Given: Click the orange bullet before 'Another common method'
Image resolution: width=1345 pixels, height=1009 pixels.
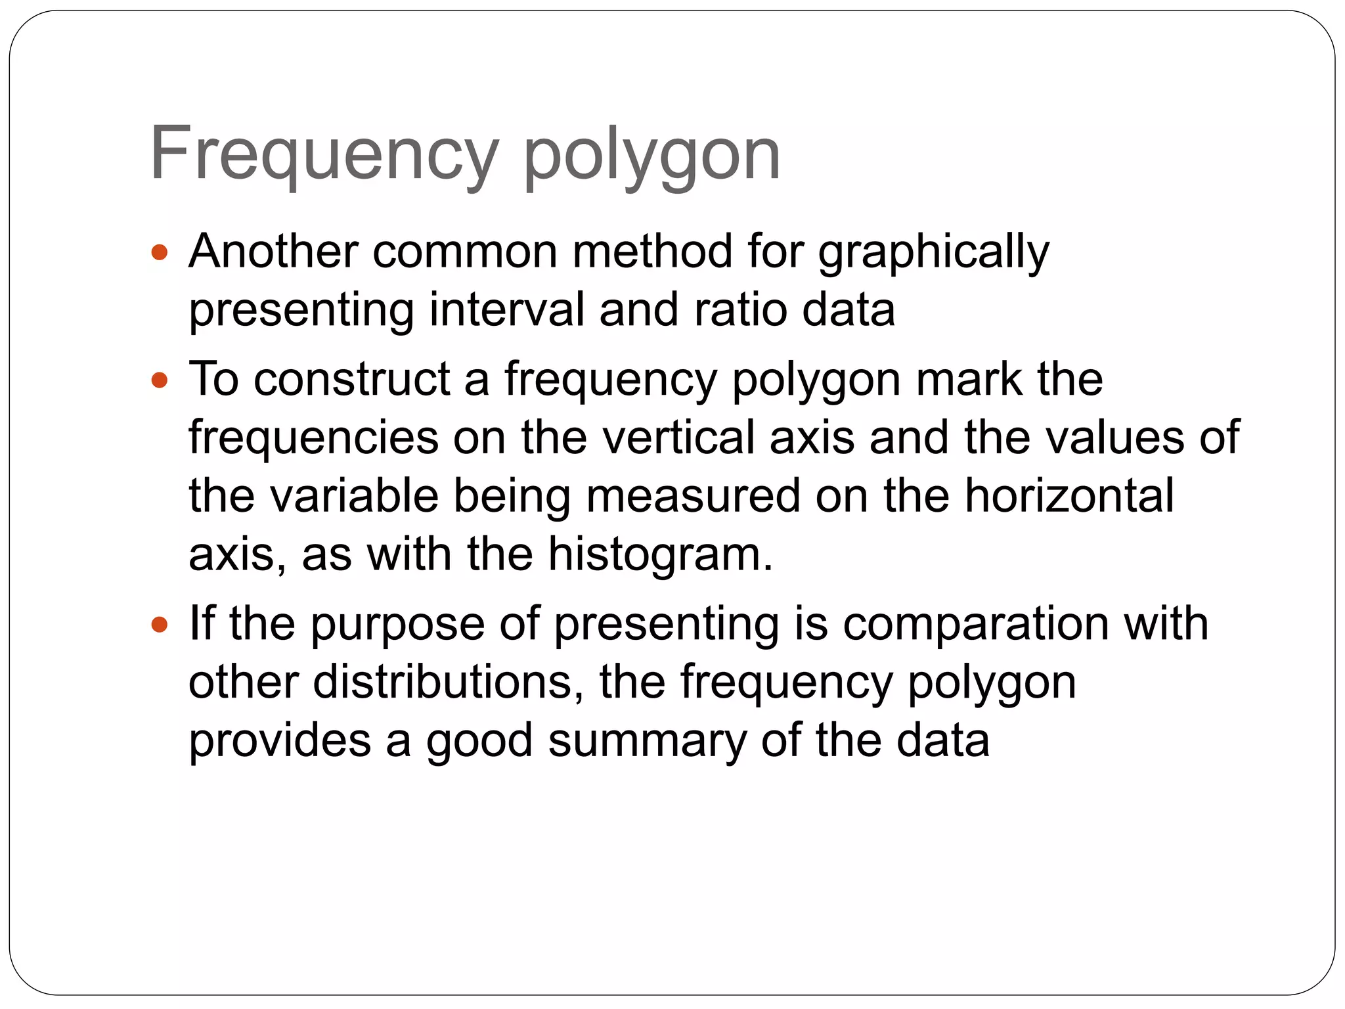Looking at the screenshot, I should click(160, 252).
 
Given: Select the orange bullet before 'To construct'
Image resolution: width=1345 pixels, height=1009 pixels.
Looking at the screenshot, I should click(160, 380).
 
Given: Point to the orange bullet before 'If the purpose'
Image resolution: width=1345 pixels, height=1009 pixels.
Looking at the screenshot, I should click(160, 624).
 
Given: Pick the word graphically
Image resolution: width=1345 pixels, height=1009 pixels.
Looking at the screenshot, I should click(933, 254).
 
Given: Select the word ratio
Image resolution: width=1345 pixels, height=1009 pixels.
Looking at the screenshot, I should click(739, 309).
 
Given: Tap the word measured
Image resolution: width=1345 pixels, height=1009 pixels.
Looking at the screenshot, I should click(693, 495).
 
